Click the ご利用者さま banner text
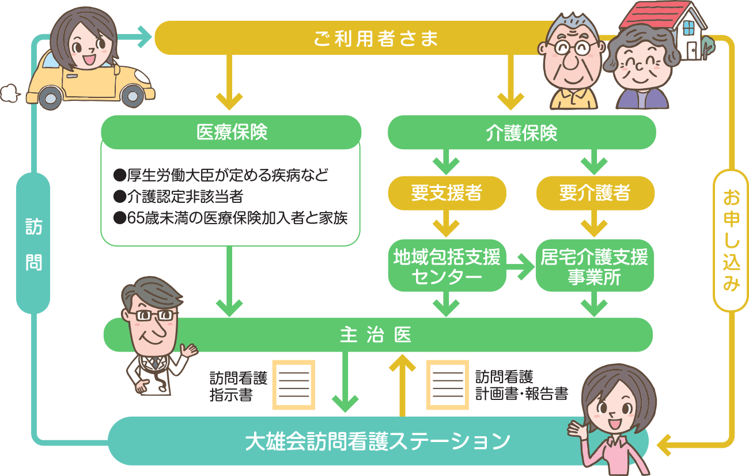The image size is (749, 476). click(x=376, y=39)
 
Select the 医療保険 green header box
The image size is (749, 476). click(x=232, y=133)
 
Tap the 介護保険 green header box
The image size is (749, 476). click(x=521, y=133)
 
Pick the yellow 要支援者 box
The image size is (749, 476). click(x=447, y=193)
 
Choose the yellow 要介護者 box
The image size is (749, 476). click(x=595, y=193)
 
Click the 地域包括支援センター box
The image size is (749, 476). click(x=447, y=266)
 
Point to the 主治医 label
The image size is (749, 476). click(x=376, y=335)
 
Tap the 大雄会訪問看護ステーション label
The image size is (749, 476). click(x=377, y=441)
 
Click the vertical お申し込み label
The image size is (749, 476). click(x=730, y=241)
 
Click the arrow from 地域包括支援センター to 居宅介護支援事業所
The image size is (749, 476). click(x=520, y=266)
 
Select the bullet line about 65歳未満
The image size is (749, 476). click(x=230, y=219)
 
